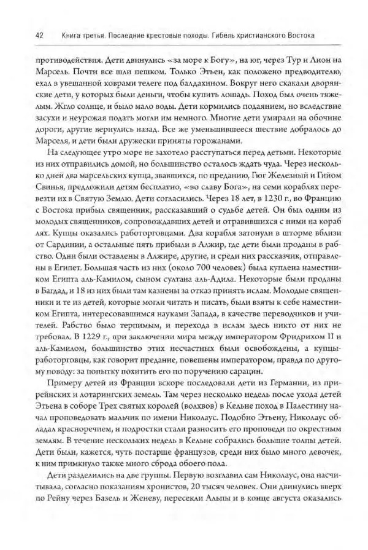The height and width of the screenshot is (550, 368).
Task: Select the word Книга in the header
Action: click(66, 36)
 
